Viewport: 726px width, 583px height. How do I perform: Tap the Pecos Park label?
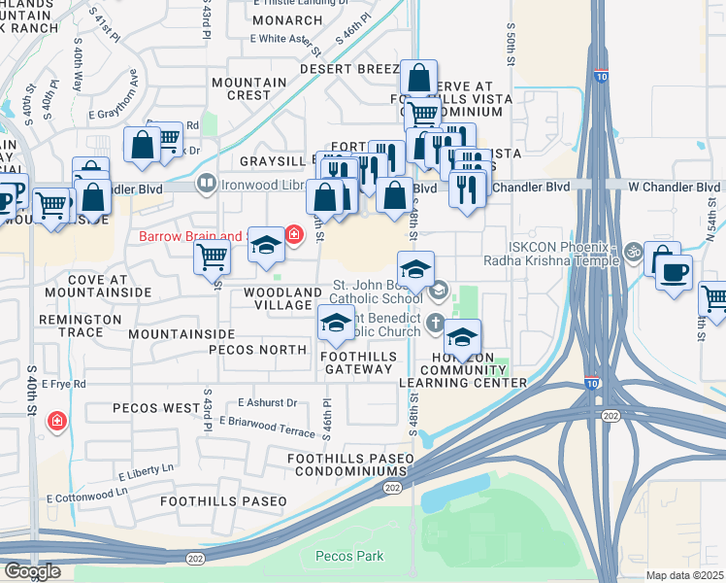349,557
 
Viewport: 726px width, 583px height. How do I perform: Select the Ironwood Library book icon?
206,183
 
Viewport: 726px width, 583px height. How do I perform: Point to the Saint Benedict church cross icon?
437,323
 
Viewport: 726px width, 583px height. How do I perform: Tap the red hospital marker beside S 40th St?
58,421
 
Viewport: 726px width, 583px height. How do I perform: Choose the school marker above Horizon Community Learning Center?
463,337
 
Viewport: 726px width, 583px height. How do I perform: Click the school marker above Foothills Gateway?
337,324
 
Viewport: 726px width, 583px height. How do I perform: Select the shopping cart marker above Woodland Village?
212,257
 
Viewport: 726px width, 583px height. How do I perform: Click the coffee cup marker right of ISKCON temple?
674,271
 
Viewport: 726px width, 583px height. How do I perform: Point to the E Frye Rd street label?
64,385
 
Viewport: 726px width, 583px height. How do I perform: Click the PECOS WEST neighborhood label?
155,408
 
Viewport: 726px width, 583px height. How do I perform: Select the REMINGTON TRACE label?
80,326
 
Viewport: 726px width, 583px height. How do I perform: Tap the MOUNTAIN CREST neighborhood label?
248,88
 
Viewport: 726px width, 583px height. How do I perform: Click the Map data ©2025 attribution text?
685,575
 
